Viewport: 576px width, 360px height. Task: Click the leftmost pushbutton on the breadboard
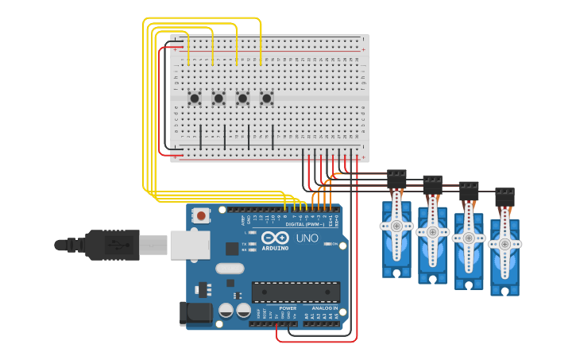pyautogui.click(x=195, y=98)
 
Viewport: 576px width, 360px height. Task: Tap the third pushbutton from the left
pyautogui.click(x=243, y=98)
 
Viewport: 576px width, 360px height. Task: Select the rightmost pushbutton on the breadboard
pyautogui.click(x=267, y=98)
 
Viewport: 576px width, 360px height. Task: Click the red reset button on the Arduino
pyautogui.click(x=201, y=215)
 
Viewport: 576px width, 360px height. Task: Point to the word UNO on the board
pyautogui.click(x=307, y=238)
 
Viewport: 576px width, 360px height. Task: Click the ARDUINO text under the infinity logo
pyautogui.click(x=275, y=249)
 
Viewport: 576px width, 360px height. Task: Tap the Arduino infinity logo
pyautogui.click(x=275, y=238)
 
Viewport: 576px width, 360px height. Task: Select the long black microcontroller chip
pyautogui.click(x=296, y=292)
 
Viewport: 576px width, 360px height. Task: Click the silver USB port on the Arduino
pyautogui.click(x=189, y=245)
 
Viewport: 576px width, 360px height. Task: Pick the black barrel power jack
pyautogui.click(x=195, y=313)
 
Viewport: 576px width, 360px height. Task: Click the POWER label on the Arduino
pyautogui.click(x=288, y=308)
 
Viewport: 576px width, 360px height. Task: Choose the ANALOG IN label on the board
pyautogui.click(x=323, y=308)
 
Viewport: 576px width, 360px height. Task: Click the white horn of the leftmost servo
pyautogui.click(x=396, y=226)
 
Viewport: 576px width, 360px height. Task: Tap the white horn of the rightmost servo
pyautogui.click(x=504, y=243)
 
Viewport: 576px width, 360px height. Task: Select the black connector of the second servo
pyautogui.click(x=432, y=183)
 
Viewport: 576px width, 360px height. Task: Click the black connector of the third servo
pyautogui.click(x=469, y=190)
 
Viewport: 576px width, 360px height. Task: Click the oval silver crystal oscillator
pyautogui.click(x=230, y=269)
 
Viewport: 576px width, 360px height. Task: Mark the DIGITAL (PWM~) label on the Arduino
pyautogui.click(x=303, y=225)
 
